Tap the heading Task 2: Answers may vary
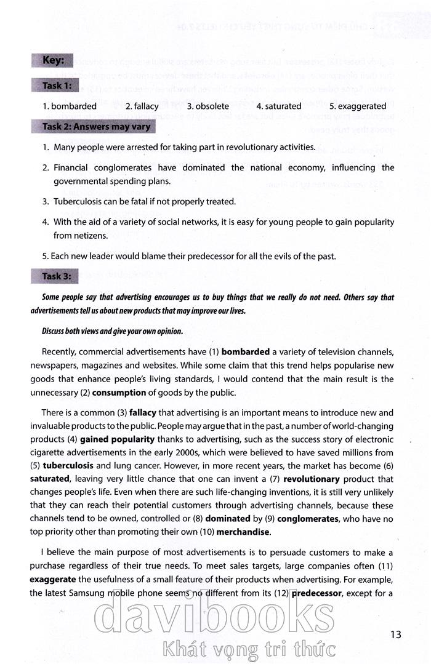tap(95, 127)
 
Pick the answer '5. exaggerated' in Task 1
tap(358, 106)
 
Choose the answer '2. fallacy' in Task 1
tap(142, 106)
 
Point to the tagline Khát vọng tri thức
tap(246, 648)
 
